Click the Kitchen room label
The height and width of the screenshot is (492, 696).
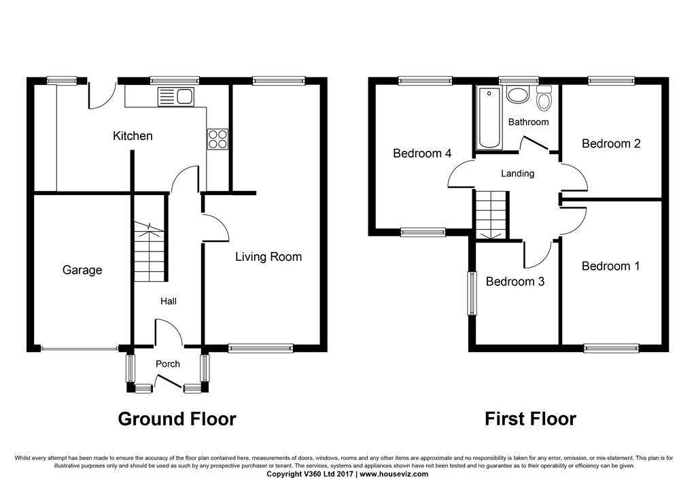point(133,136)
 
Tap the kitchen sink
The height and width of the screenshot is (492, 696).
point(176,97)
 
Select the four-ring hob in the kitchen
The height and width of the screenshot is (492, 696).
point(217,139)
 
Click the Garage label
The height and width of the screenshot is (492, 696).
point(82,270)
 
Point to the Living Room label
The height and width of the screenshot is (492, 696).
point(268,257)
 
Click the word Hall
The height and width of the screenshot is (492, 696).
point(169,301)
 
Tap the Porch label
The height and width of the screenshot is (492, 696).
point(168,364)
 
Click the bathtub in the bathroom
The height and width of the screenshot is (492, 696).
point(489,118)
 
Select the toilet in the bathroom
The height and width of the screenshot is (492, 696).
point(543,98)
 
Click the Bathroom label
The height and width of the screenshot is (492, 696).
point(528,122)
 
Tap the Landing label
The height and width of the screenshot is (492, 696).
point(517,173)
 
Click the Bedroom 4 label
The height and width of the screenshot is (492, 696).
point(422,154)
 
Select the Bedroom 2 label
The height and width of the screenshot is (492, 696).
point(611,144)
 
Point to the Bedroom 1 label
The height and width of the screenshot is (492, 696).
point(610,266)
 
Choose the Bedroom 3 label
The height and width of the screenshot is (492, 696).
point(515,282)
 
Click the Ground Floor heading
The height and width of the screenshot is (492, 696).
point(177,419)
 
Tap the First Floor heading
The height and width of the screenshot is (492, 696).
point(530,419)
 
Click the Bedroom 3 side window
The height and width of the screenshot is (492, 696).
point(472,294)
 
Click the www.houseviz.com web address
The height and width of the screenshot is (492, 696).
point(394,474)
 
